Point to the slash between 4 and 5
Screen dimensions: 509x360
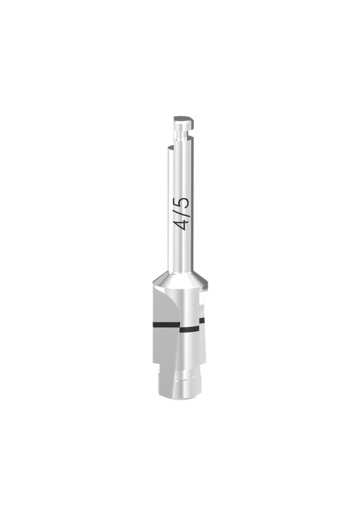tap(182, 213)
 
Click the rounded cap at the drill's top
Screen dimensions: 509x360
tap(181, 120)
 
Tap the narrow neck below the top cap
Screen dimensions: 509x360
tap(179, 133)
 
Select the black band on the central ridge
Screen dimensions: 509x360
tap(189, 329)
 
